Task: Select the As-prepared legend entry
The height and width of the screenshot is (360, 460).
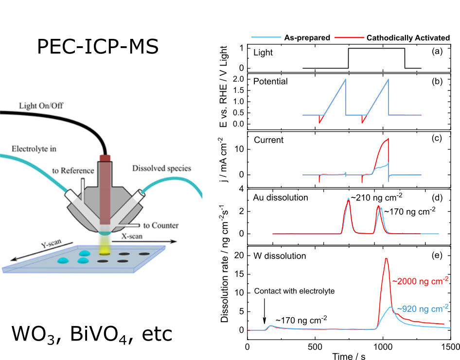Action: click(x=307, y=37)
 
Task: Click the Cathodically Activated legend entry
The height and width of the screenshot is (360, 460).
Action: click(x=408, y=37)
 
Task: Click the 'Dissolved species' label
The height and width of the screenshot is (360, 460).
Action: click(x=161, y=169)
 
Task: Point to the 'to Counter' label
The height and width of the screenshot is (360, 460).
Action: click(x=161, y=225)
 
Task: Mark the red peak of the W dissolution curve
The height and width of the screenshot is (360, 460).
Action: click(x=386, y=258)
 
